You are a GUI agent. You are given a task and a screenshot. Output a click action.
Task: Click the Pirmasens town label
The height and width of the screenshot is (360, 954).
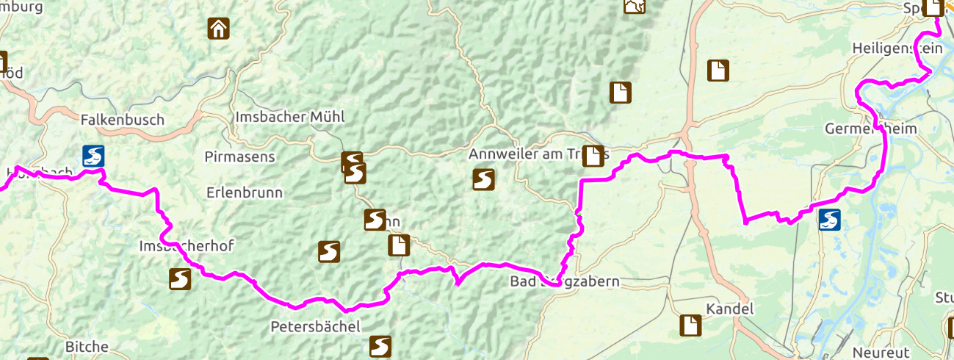[x=239, y=156]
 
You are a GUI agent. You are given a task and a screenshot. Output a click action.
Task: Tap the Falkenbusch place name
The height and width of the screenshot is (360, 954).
[x=122, y=120]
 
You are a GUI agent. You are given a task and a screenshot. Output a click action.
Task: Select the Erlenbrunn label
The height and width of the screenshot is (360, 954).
[x=245, y=192]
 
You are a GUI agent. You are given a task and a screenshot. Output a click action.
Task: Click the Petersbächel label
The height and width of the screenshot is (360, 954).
[x=315, y=325]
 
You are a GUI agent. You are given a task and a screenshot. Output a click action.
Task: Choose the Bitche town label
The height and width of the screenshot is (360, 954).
[x=87, y=347]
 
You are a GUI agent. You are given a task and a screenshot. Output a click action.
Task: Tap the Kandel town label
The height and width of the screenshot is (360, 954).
[x=730, y=309]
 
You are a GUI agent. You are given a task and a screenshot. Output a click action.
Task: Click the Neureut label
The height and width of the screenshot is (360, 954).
[x=881, y=353]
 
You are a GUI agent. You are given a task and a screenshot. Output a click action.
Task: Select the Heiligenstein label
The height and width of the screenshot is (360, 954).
[x=897, y=47]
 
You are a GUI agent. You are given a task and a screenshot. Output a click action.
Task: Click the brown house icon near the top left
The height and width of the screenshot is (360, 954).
[x=218, y=29]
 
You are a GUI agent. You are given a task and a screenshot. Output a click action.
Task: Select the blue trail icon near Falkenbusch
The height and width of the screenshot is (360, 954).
[x=93, y=156]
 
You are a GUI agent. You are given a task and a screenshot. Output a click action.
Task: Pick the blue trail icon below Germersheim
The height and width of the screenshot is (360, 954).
[x=830, y=220]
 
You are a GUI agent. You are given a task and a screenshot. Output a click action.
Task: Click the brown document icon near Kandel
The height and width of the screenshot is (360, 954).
[x=690, y=325]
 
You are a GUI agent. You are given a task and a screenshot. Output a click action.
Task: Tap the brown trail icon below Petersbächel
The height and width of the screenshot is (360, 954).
[x=380, y=346]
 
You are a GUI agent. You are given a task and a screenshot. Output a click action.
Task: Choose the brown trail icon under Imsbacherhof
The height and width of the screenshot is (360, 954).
[x=180, y=279]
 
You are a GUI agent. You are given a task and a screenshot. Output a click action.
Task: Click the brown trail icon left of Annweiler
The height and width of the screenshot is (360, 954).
[x=483, y=179]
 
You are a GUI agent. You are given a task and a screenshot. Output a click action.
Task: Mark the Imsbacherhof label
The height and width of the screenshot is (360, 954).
[x=186, y=247]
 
